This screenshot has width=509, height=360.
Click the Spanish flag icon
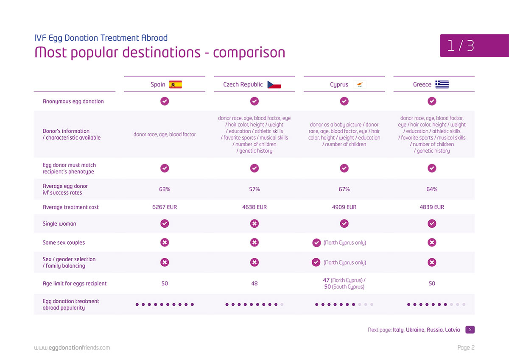(176, 84)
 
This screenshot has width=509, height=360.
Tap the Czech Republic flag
(274, 84)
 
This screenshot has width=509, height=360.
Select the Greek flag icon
(442, 84)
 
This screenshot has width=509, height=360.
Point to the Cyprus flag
(360, 84)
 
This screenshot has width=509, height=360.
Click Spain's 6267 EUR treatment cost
(165, 207)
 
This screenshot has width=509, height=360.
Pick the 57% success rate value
(254, 189)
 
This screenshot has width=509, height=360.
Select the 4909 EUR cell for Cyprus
(344, 207)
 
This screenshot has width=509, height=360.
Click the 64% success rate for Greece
(432, 189)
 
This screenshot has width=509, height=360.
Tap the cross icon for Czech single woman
(254, 223)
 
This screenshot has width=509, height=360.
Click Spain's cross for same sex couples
(165, 243)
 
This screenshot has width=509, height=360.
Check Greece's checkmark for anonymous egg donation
(432, 101)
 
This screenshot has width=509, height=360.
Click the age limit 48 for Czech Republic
(254, 283)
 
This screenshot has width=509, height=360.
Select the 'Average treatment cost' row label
(71, 207)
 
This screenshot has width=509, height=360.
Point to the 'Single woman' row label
(59, 224)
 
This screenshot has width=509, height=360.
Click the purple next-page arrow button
(470, 329)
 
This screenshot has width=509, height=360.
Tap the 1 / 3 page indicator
(460, 46)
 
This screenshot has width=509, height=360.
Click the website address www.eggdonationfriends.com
(72, 348)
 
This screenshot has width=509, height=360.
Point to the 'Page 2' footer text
(466, 348)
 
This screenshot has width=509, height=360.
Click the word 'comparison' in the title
(249, 53)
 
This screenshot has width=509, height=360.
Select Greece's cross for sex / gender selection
(432, 262)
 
